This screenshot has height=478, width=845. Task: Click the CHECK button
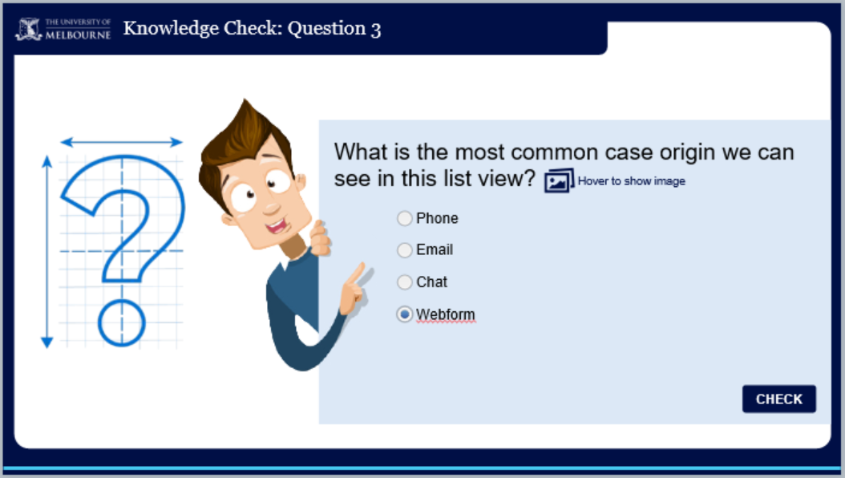(x=778, y=399)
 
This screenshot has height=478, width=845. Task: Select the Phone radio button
(x=405, y=218)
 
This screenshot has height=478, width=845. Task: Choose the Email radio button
(x=405, y=250)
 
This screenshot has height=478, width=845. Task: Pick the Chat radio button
(x=405, y=282)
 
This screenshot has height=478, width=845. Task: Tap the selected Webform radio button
(x=405, y=314)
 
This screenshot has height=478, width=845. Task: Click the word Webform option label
(x=446, y=314)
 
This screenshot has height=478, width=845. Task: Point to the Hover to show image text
(x=632, y=181)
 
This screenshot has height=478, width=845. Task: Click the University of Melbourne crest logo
(x=28, y=29)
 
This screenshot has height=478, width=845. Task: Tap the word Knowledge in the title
(x=171, y=29)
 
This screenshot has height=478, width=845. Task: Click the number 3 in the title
(x=376, y=30)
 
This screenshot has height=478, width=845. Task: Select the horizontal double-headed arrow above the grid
(x=122, y=142)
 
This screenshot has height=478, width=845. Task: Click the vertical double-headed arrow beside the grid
(x=46, y=252)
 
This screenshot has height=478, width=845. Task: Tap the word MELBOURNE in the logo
(x=78, y=35)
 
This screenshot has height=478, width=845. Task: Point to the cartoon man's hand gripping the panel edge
(x=320, y=237)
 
